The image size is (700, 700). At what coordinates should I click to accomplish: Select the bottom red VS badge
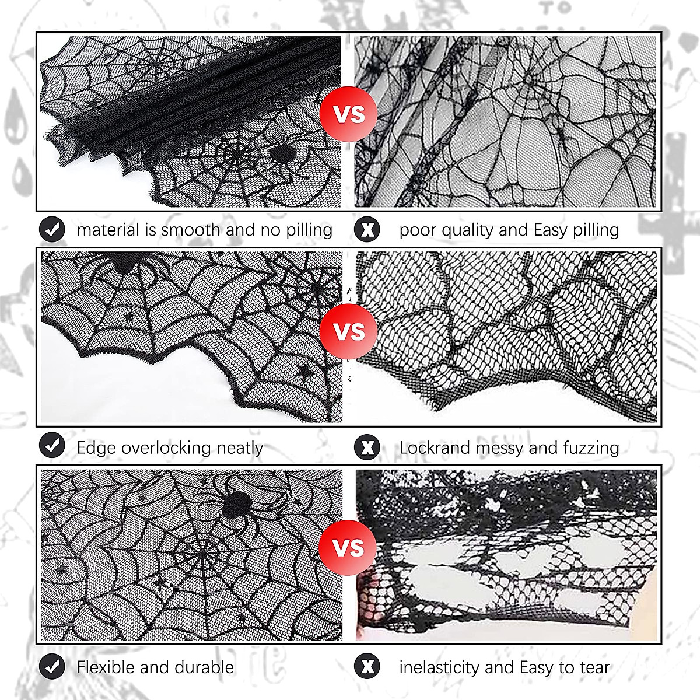tap(348, 548)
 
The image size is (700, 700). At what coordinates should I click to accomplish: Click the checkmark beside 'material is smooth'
tap(52, 230)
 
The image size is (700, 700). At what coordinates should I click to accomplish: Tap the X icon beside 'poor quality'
tap(367, 230)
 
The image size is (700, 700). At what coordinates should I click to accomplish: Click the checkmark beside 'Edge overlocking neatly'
tap(52, 447)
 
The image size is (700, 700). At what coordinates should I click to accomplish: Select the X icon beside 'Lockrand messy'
tap(367, 447)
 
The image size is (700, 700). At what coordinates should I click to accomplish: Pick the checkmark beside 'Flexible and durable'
tap(52, 666)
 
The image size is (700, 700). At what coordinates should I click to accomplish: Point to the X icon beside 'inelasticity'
tap(367, 666)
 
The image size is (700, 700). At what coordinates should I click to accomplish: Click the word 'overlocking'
tap(166, 447)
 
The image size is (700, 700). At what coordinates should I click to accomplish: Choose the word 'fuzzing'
tap(591, 447)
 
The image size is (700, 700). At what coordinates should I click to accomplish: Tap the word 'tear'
tap(594, 667)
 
